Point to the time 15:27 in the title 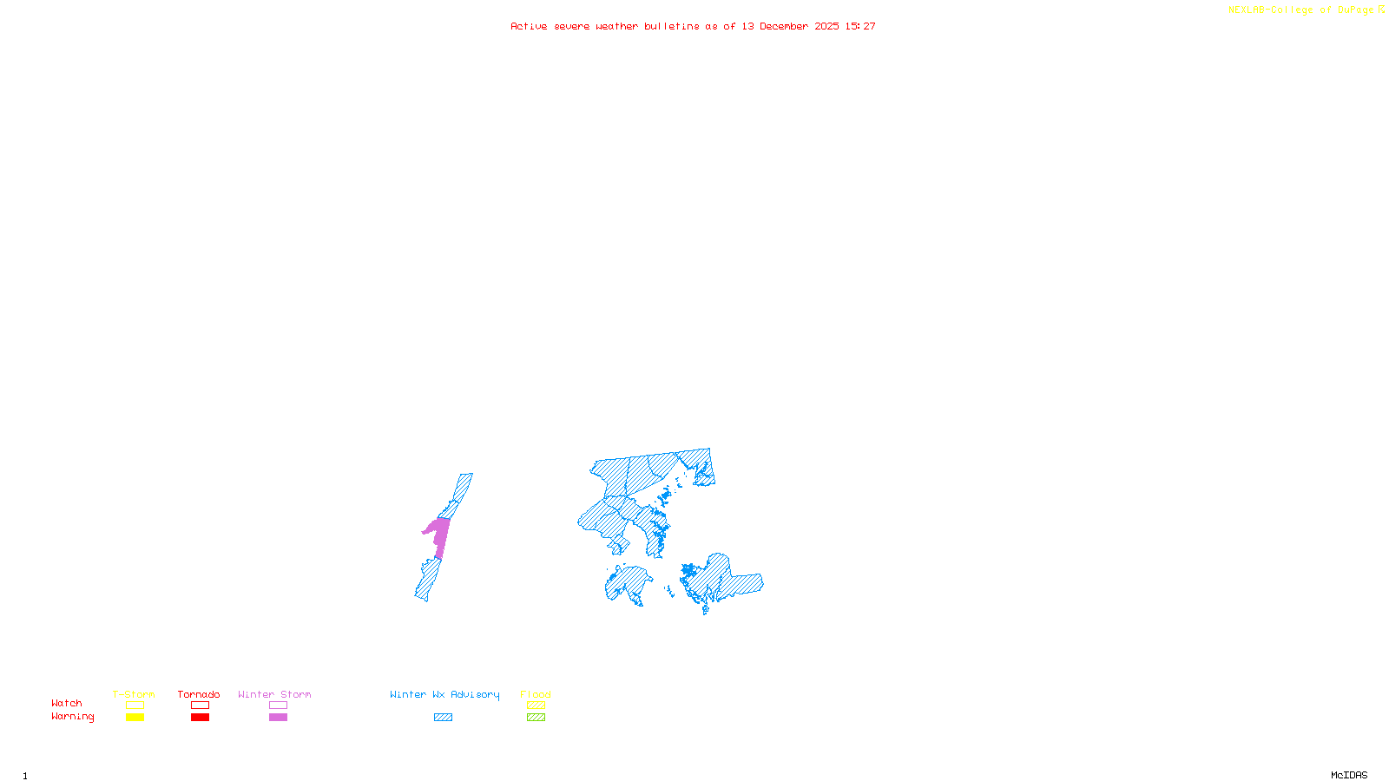[x=860, y=27]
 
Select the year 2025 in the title [x=826, y=27]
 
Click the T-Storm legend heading [x=134, y=694]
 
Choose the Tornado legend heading [x=199, y=694]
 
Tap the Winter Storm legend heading [x=274, y=694]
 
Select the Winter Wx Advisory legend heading [x=444, y=694]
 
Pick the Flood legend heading [x=536, y=694]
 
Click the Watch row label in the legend [x=67, y=704]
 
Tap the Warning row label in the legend [x=73, y=717]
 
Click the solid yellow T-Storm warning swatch [x=135, y=718]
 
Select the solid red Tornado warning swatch [x=200, y=718]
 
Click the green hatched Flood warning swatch [x=536, y=718]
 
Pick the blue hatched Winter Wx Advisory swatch [x=443, y=718]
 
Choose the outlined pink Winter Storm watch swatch [x=278, y=706]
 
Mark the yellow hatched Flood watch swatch [x=536, y=706]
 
